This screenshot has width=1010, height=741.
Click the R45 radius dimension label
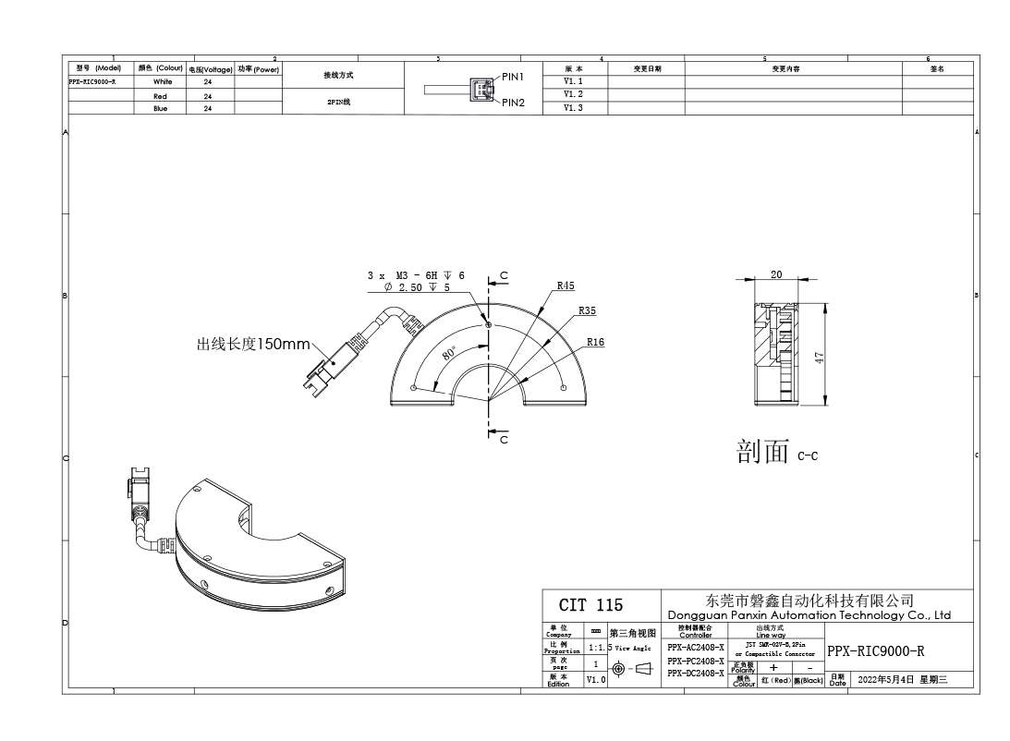coord(566,285)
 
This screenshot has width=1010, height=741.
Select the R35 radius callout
coord(587,311)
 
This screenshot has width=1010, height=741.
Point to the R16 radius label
coord(595,342)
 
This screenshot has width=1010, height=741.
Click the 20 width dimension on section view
coord(776,274)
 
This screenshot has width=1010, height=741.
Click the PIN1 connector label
coord(513,77)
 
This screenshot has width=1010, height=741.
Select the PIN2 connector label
coord(513,103)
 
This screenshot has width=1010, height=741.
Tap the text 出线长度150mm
coord(252,345)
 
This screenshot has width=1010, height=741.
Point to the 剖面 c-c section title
coord(777,453)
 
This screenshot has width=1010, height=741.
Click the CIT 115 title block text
coord(591,605)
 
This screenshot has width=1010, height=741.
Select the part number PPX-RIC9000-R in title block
coord(875,650)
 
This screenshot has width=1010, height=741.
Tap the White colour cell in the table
coord(163,81)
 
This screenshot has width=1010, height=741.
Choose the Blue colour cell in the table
coord(161,108)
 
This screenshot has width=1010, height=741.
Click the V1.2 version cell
coord(573,94)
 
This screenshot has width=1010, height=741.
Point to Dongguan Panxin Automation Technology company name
coord(809,614)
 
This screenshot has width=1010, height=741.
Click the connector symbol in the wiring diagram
coord(481,90)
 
